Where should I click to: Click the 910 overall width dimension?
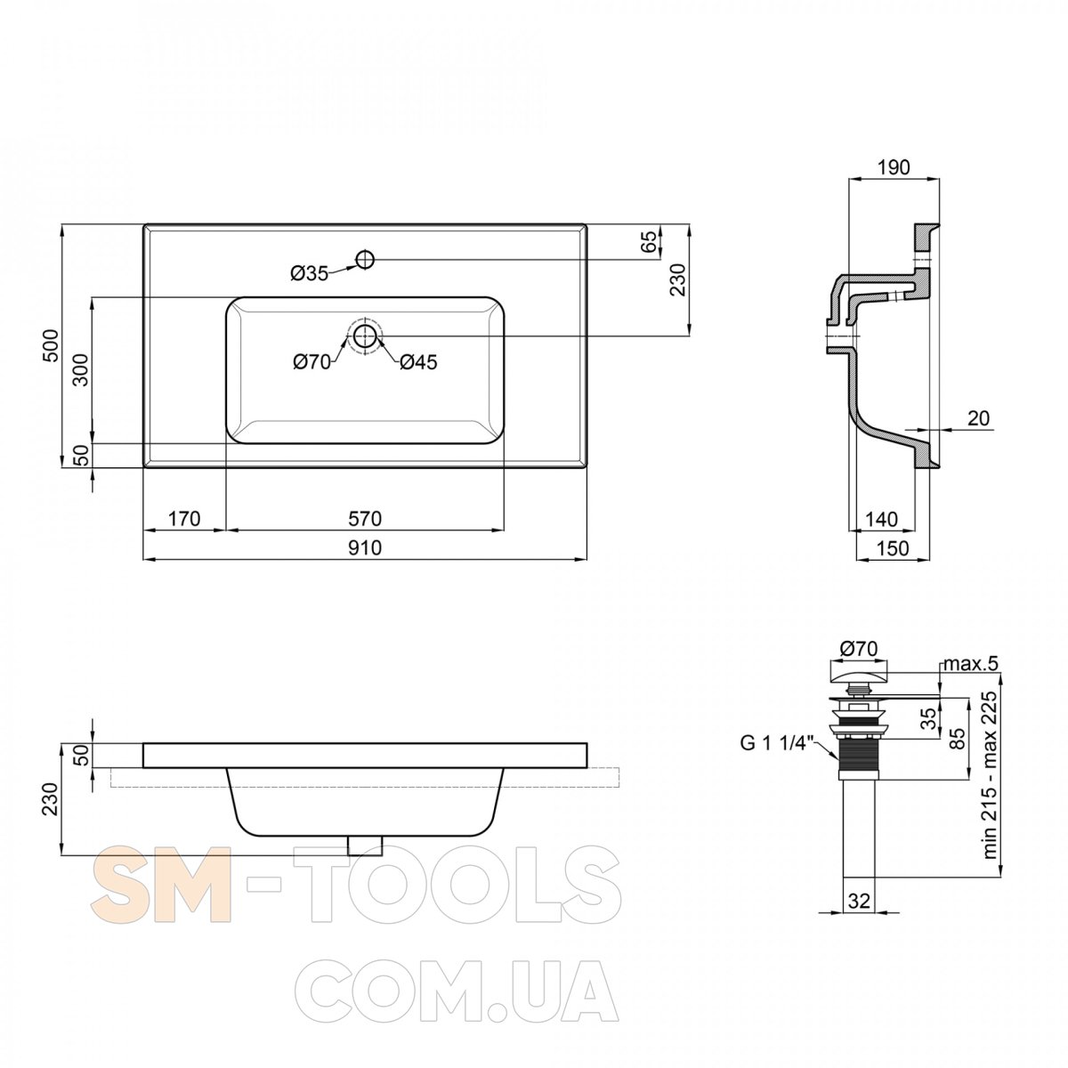(x=365, y=547)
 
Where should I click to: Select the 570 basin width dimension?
(x=365, y=519)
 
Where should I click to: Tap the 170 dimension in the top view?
(x=184, y=519)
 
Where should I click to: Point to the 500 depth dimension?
(x=51, y=345)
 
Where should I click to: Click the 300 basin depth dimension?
(x=81, y=369)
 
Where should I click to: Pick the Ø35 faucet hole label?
(x=309, y=273)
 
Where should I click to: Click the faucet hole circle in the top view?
(x=365, y=258)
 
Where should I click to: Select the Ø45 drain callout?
(x=418, y=362)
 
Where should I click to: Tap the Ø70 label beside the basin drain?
(x=312, y=362)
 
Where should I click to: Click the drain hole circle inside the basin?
(x=365, y=336)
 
